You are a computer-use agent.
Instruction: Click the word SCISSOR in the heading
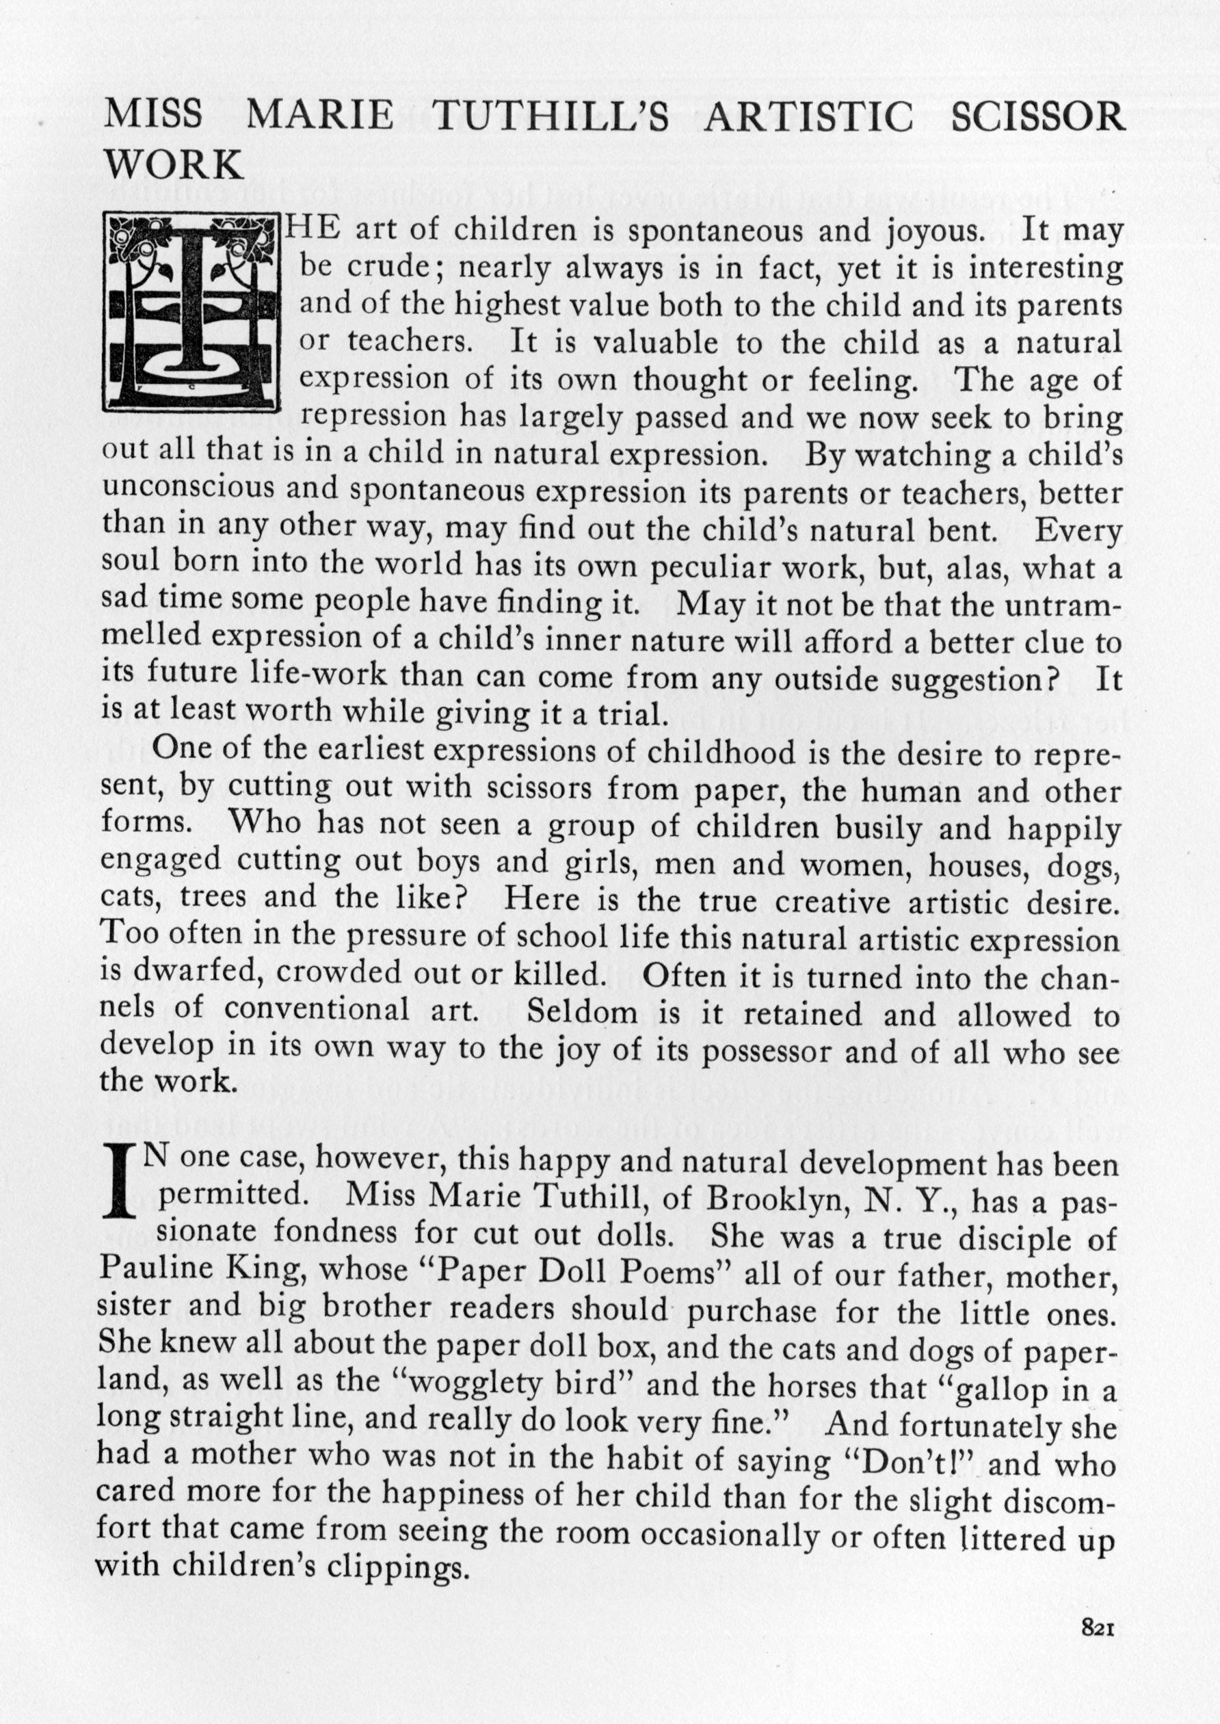pyautogui.click(x=1037, y=117)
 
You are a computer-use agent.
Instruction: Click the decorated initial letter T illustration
pyautogui.click(x=191, y=313)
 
